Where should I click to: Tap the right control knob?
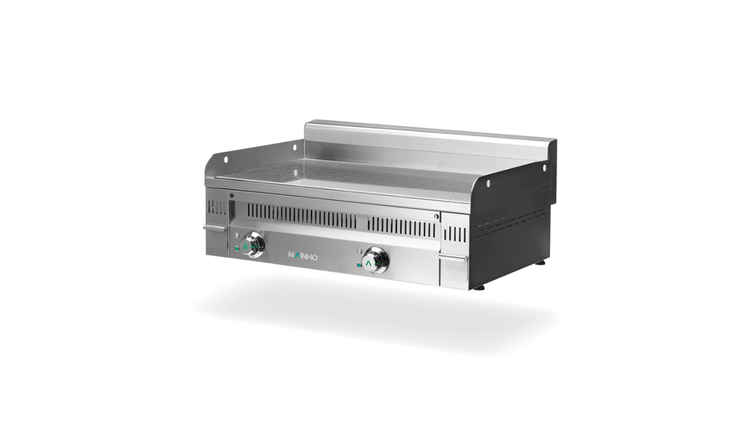(376, 260)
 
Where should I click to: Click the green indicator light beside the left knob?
(237, 249)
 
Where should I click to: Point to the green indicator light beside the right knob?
(359, 266)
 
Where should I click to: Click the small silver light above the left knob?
(237, 234)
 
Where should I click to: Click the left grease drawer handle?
(215, 228)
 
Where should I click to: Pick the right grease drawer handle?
(453, 258)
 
